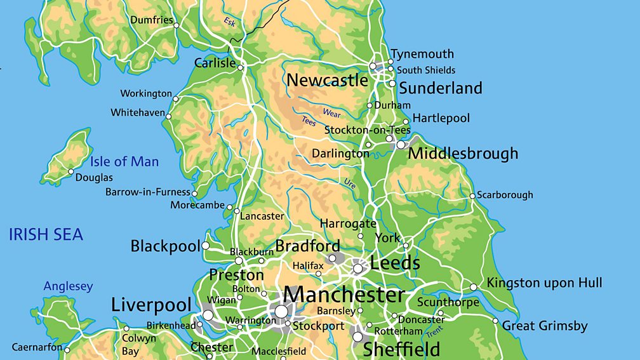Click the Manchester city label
click(x=343, y=295)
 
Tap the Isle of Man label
click(x=124, y=161)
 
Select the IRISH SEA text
click(x=46, y=235)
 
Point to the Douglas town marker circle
click(x=71, y=172)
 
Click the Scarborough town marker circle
click(x=472, y=196)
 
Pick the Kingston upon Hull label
click(x=544, y=283)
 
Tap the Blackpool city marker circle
click(x=206, y=246)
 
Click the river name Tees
click(x=309, y=121)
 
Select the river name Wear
click(x=331, y=113)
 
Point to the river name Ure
click(x=350, y=183)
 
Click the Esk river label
click(x=229, y=22)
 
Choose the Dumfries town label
click(x=151, y=20)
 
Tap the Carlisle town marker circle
click(x=241, y=67)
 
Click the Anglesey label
click(x=68, y=286)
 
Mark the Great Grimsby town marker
click(x=496, y=321)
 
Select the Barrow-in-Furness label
click(x=147, y=192)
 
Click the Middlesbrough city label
click(x=463, y=153)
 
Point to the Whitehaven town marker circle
click(x=169, y=116)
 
